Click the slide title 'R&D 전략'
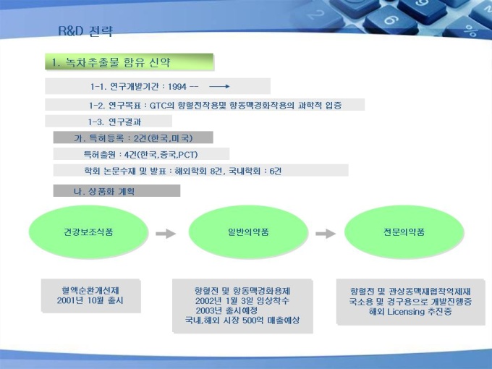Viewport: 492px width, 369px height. point(85,31)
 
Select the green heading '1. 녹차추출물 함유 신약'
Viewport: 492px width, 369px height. point(111,62)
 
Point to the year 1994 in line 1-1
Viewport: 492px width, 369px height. point(177,87)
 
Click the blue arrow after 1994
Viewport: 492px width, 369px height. point(219,86)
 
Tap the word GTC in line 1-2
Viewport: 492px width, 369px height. point(158,106)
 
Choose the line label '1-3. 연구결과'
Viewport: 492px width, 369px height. point(114,122)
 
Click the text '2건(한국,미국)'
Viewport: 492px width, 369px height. point(164,138)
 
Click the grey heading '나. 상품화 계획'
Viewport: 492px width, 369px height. point(104,192)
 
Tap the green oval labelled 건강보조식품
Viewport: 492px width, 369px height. point(88,232)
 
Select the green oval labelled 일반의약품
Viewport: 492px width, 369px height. point(248,232)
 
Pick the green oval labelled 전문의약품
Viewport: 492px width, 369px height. point(404,232)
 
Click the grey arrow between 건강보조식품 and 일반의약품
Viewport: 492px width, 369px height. point(166,234)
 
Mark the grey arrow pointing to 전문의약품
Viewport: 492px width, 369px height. point(326,234)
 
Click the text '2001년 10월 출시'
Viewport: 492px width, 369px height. point(90,300)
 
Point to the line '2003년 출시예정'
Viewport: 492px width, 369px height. point(226,310)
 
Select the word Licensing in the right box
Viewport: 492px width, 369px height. point(406,312)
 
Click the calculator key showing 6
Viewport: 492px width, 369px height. point(391,20)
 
